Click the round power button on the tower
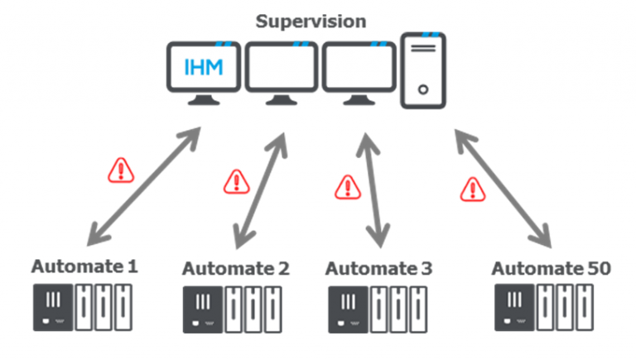click(422, 89)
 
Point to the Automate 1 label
click(85, 267)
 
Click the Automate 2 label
click(236, 269)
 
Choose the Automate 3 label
click(378, 269)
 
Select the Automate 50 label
click(551, 269)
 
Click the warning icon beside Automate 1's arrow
click(122, 170)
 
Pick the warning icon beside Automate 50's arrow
click(473, 190)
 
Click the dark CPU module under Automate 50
click(512, 310)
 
